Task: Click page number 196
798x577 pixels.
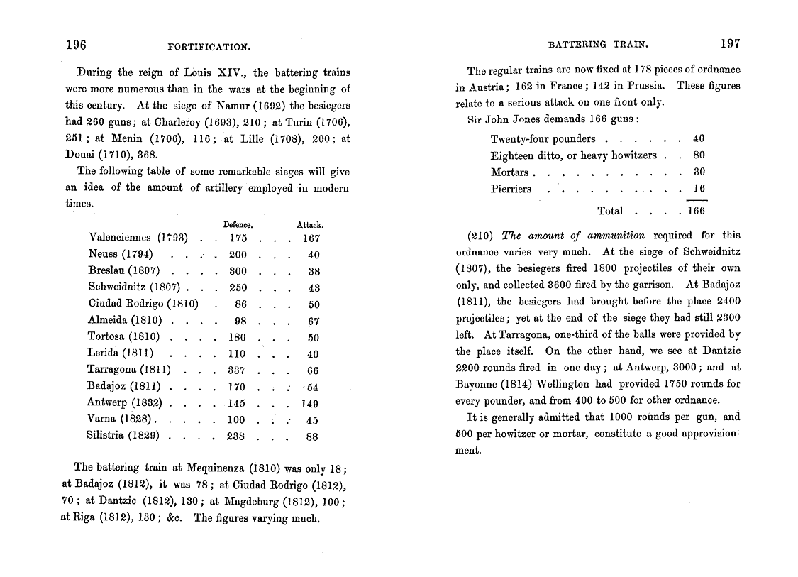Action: tap(76, 45)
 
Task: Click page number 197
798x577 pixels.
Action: tap(730, 44)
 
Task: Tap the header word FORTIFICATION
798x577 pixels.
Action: tap(210, 48)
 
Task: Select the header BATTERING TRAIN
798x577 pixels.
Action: tap(598, 45)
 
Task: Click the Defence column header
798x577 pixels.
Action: tap(238, 225)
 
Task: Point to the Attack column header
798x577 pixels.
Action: tap(310, 225)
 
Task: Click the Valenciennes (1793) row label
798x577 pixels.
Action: tap(138, 238)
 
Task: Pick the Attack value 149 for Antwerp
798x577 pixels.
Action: tap(309, 403)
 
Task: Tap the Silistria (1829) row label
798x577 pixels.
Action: tap(123, 436)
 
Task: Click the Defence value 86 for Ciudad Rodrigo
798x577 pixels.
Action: tap(240, 304)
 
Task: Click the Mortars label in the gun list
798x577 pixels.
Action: tap(509, 172)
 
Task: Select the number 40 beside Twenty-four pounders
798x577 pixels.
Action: tap(699, 139)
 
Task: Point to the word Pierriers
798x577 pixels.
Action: tap(511, 189)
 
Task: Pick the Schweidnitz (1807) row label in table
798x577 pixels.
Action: tap(134, 288)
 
